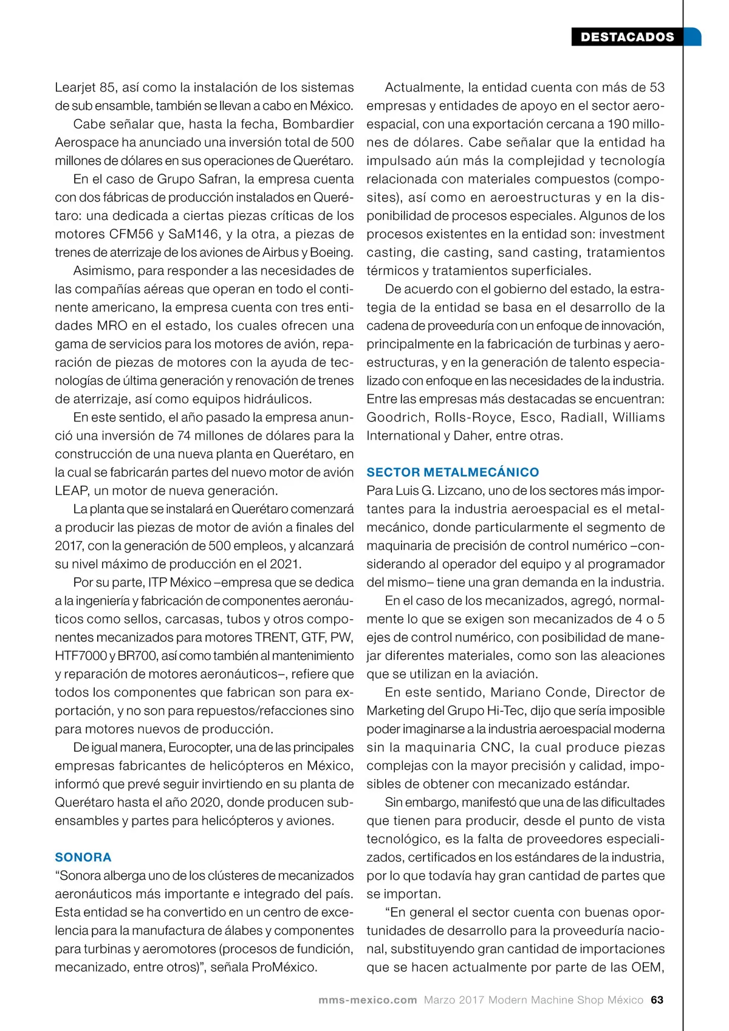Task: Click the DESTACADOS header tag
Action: [x=627, y=37]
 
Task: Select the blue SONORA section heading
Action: [x=83, y=857]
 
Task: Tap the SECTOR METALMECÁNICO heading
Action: [x=453, y=472]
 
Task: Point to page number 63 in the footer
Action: [x=657, y=999]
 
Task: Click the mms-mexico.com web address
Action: [x=368, y=999]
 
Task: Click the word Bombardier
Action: [x=318, y=124]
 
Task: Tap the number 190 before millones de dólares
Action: [x=618, y=124]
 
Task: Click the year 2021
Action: [x=284, y=563]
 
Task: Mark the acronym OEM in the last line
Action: [x=646, y=967]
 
